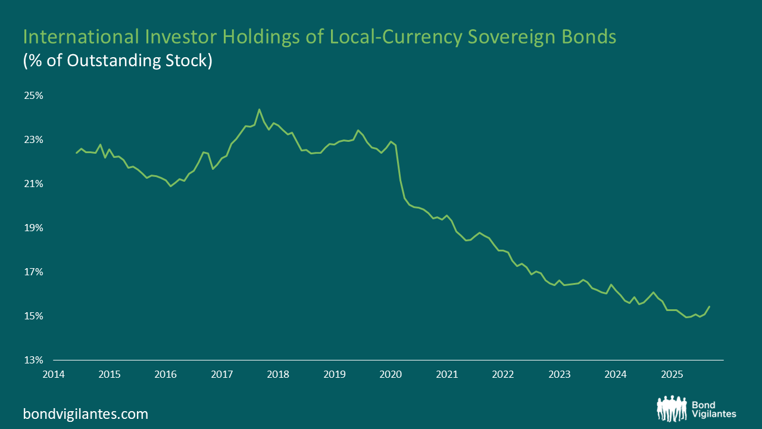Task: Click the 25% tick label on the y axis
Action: (x=34, y=96)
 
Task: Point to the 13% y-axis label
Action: (x=34, y=360)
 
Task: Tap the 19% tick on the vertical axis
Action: (x=34, y=228)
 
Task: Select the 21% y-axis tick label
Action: (x=34, y=184)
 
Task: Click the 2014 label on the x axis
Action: (x=53, y=375)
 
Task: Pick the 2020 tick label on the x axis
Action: (x=391, y=375)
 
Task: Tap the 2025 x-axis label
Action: (x=672, y=375)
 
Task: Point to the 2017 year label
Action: (x=221, y=375)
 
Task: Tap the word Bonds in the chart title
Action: (x=589, y=38)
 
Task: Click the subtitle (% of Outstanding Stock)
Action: (x=117, y=61)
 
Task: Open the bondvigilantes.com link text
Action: (x=85, y=414)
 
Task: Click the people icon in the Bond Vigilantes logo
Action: (x=672, y=408)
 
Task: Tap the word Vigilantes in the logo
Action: (x=714, y=414)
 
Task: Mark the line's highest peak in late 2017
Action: (x=259, y=109)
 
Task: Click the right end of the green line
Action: (x=710, y=306)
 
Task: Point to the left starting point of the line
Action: (x=76, y=153)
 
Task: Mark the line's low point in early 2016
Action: (x=171, y=186)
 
